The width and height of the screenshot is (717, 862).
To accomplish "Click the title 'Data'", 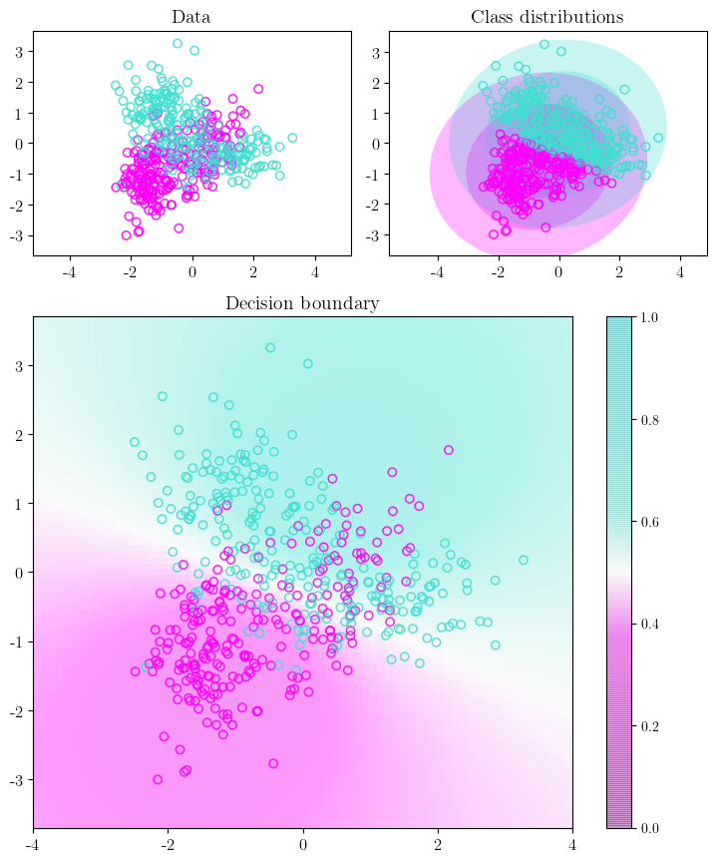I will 190,17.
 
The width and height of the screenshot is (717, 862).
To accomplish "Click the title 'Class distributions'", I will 546,17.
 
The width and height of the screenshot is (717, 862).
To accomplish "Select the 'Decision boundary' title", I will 301,303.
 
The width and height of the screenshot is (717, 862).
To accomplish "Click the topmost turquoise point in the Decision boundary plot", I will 270,347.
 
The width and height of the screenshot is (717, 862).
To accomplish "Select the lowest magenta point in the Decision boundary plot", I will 158,779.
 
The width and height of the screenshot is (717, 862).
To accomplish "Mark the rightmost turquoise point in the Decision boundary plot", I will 524,560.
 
